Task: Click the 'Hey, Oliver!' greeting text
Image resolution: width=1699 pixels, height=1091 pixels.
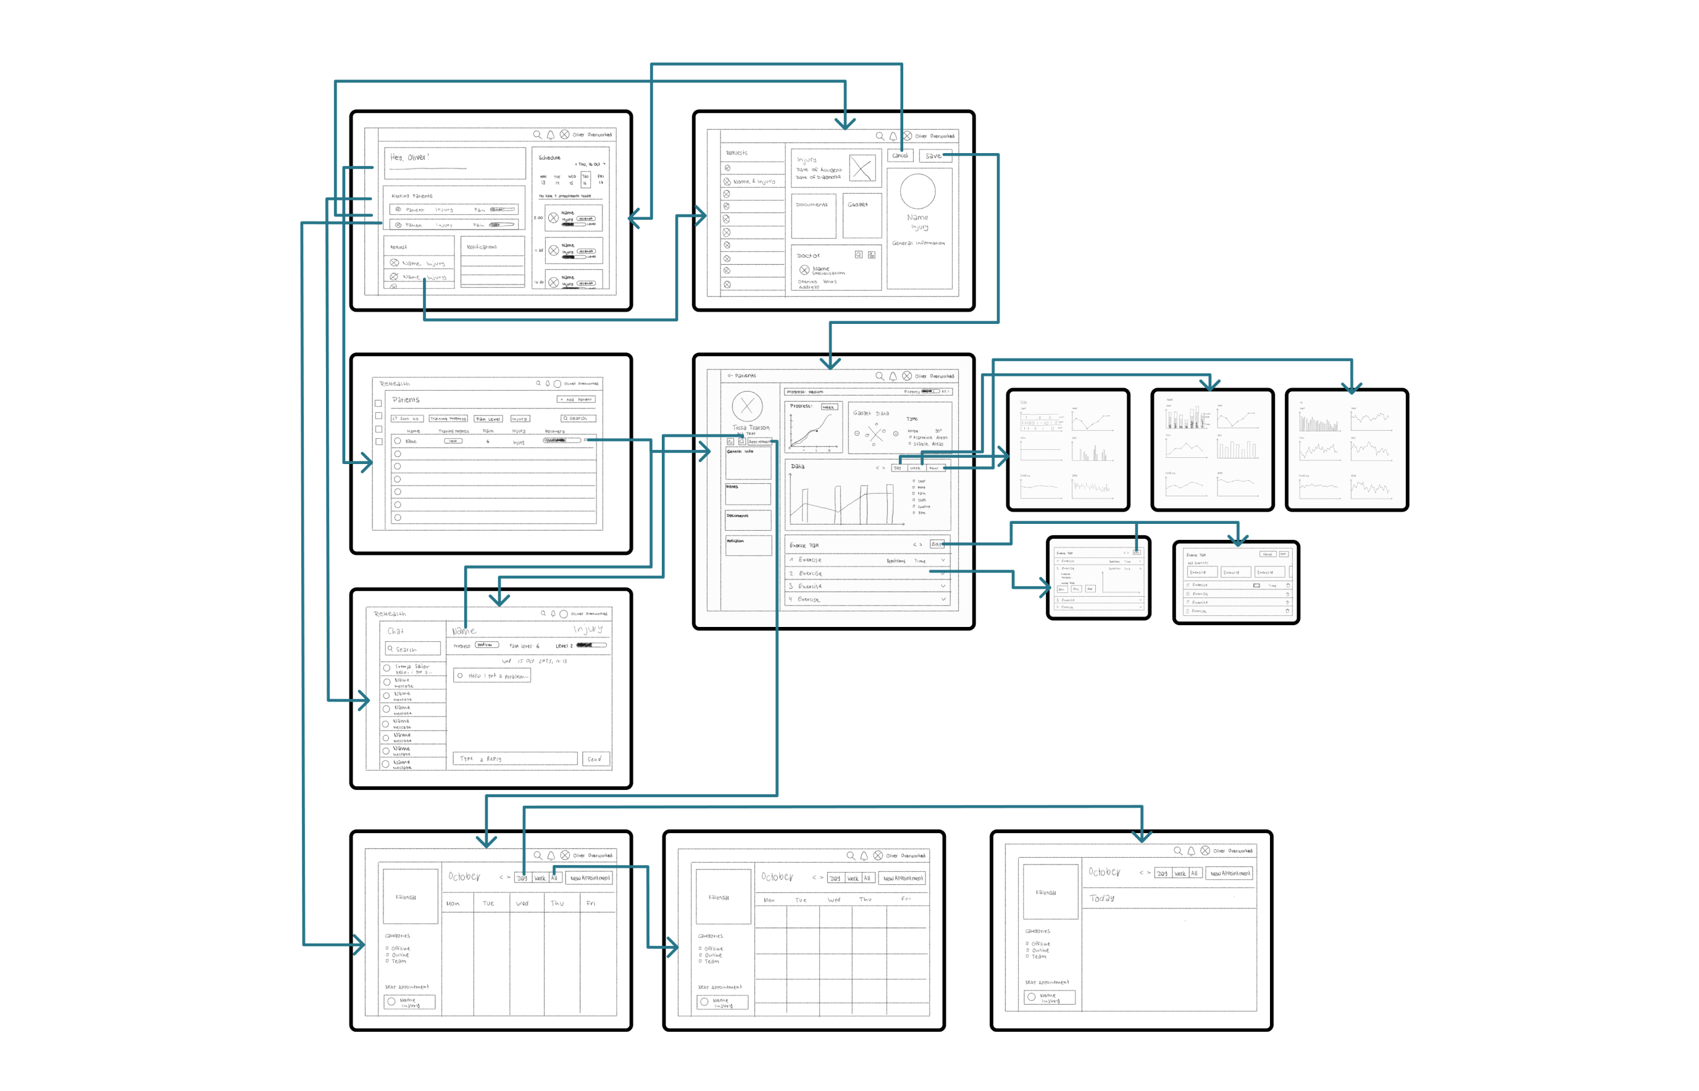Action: [410, 157]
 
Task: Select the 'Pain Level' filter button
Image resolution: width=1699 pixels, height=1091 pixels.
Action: [488, 418]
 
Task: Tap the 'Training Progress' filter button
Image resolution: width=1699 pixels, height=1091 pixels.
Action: [448, 418]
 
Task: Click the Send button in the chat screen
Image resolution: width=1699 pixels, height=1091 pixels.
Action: [594, 759]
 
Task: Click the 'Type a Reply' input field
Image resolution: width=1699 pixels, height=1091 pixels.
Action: [515, 759]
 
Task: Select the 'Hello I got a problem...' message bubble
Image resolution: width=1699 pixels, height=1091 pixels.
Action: [492, 676]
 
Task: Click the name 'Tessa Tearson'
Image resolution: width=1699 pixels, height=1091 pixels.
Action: [751, 427]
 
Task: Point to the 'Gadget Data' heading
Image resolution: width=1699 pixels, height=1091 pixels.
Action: [870, 413]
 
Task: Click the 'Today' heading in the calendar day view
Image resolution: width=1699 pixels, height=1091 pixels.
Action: [1101, 898]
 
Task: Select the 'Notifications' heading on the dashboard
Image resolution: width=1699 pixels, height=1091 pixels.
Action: [482, 247]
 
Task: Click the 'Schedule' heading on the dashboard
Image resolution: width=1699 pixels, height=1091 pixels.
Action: [549, 158]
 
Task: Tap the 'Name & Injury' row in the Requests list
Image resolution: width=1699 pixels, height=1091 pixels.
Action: [753, 181]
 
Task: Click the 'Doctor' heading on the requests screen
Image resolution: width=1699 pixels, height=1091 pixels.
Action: [808, 255]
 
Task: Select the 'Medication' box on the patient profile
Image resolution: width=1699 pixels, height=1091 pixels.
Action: [748, 545]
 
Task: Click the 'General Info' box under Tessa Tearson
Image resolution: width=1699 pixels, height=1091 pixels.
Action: [748, 463]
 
